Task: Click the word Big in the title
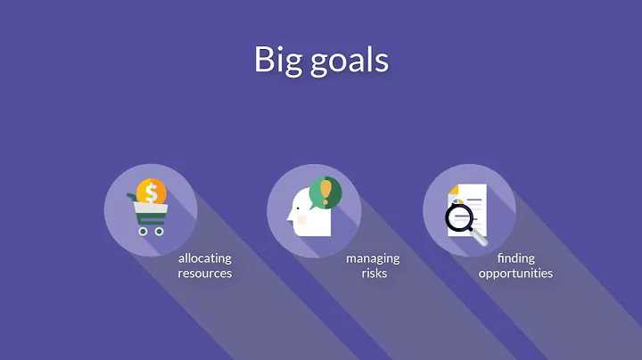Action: (276, 61)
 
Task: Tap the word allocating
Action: (204, 258)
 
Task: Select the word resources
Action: (204, 274)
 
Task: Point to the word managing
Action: (373, 258)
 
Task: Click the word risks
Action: (374, 274)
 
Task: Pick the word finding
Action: (515, 258)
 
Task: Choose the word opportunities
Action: (515, 274)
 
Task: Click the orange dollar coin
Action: (152, 192)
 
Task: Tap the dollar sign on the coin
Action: (152, 192)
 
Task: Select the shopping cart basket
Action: (151, 213)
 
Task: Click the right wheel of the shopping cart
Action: (160, 231)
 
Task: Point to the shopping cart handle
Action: (134, 201)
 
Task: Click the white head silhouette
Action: (309, 219)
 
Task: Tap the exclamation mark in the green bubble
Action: (325, 191)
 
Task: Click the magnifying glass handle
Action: (481, 238)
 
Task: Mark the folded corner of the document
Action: (453, 190)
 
